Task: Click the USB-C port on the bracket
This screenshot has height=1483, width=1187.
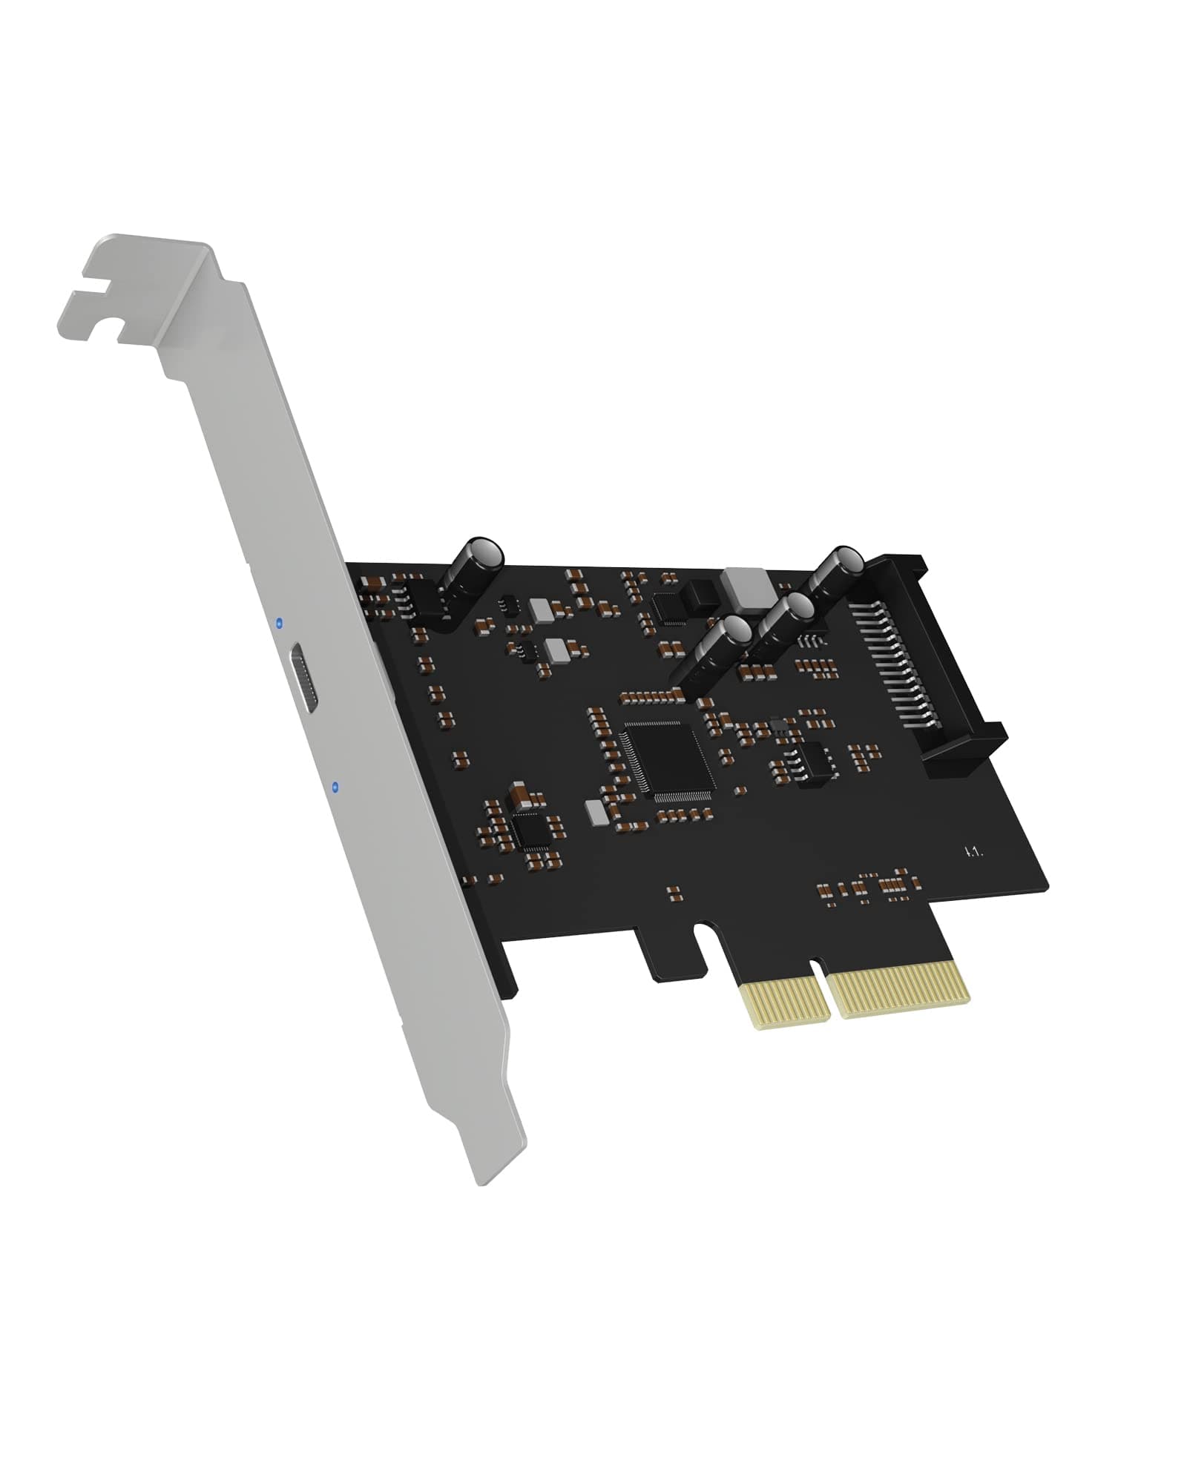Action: pos(306,678)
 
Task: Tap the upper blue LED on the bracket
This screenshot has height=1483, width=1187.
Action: pos(278,624)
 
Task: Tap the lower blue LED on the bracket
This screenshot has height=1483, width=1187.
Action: pos(336,786)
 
